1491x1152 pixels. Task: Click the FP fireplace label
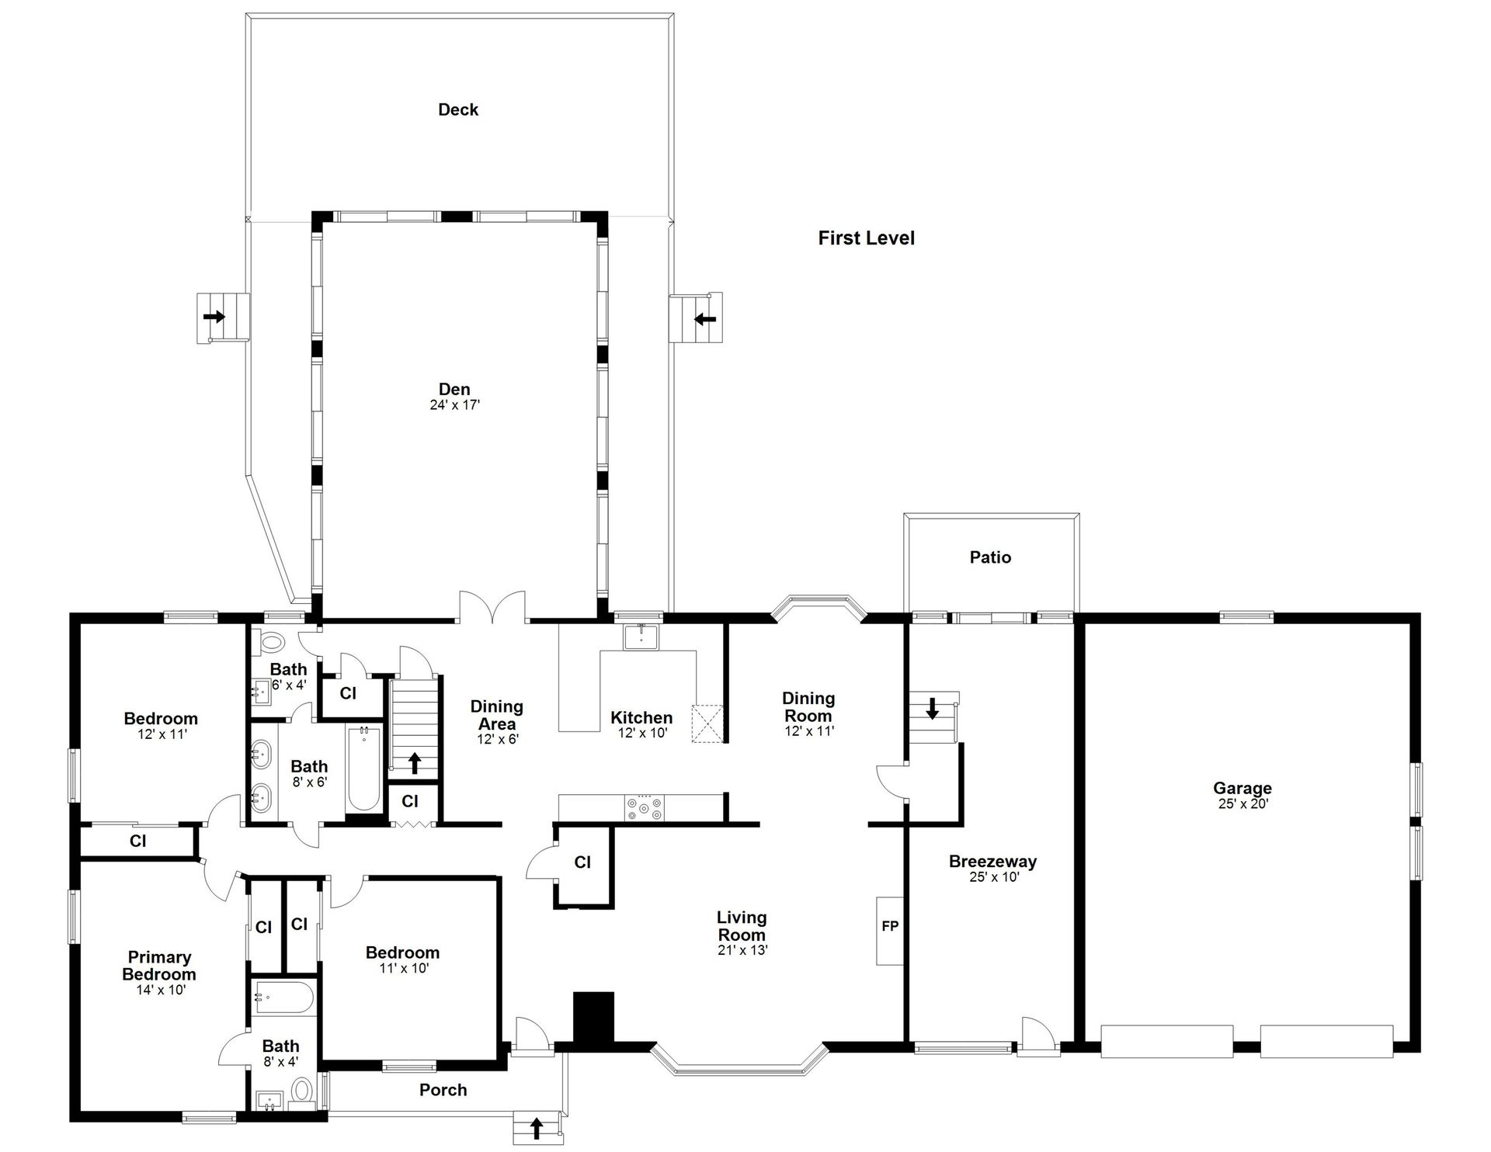pos(890,926)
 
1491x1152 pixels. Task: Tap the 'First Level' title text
pos(866,238)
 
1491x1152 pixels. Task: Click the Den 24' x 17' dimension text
pos(455,405)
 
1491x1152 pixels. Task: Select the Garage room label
pos(1242,789)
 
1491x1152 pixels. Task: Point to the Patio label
pos(990,557)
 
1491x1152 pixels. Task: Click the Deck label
pos(458,109)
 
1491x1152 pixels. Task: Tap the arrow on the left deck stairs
pos(214,317)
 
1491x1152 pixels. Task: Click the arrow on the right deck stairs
pos(705,318)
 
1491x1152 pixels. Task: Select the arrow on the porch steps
pos(536,1128)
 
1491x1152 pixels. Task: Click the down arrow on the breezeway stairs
pos(933,708)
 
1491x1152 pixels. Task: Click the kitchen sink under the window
pos(641,637)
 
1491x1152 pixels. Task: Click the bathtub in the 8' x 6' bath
pos(363,769)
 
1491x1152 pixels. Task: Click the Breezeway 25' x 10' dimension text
pos(994,877)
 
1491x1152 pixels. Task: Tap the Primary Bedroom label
pos(159,966)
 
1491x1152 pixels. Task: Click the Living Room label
pos(742,926)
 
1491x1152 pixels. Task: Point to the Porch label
pos(443,1090)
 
